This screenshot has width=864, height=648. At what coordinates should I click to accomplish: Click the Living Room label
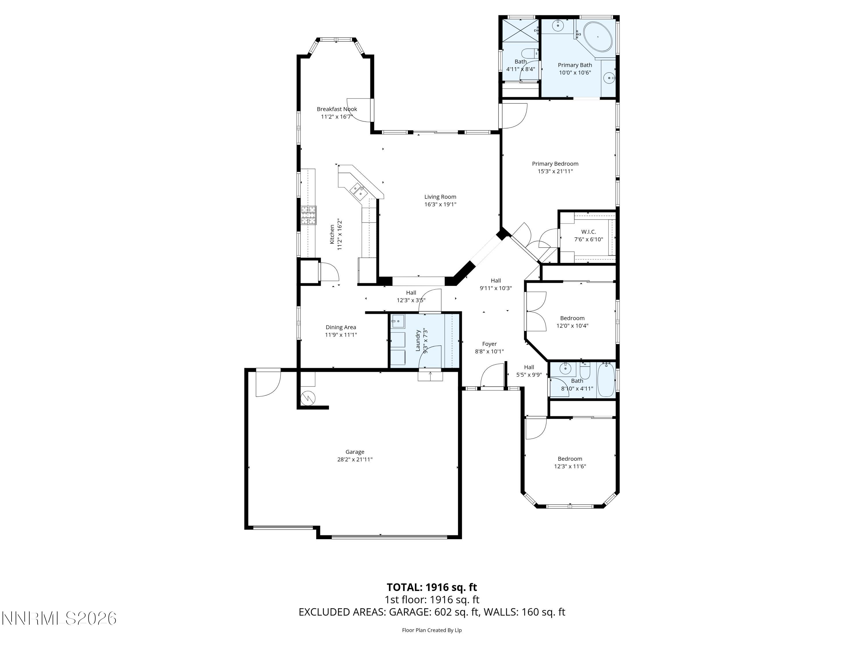tap(440, 197)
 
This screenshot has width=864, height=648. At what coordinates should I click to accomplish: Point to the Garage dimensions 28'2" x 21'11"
tap(355, 459)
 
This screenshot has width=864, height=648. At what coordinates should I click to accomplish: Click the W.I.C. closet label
tap(588, 232)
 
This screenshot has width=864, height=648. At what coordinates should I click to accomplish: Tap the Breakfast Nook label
tap(337, 109)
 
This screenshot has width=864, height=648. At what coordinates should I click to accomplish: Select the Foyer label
tap(489, 344)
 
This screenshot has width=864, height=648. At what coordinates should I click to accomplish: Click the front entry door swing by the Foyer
tap(491, 376)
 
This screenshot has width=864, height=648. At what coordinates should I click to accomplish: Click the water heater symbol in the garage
tap(308, 398)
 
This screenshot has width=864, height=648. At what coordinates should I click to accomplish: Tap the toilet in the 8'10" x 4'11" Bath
tap(585, 371)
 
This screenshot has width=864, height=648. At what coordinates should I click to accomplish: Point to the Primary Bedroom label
tap(555, 164)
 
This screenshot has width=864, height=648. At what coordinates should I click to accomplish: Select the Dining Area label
tap(341, 327)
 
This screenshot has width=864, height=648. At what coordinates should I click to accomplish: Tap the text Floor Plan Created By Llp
tap(432, 630)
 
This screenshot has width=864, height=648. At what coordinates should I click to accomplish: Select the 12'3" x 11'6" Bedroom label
tap(570, 459)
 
